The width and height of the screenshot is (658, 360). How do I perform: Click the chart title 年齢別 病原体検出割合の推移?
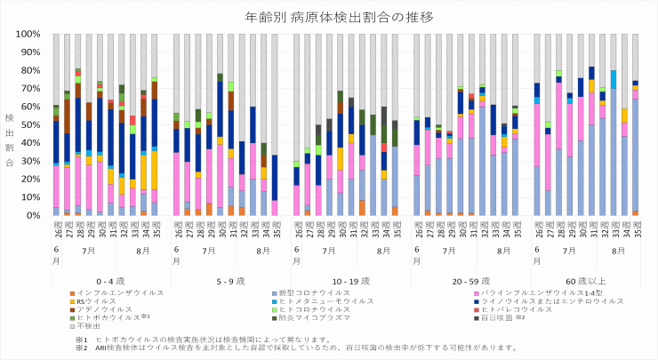tap(328, 17)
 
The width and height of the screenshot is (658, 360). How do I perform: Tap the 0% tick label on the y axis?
tap(34, 215)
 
